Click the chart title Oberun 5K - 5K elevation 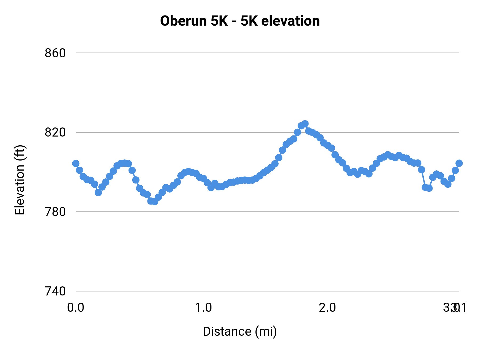[240, 21]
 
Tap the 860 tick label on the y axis [55, 53]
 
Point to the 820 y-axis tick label [55, 133]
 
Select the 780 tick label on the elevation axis [55, 212]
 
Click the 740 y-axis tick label [55, 291]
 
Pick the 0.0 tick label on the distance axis [76, 308]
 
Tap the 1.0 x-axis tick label [203, 308]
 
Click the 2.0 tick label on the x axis [327, 308]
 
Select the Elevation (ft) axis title [20, 180]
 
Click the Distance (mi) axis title [240, 331]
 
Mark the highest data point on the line [305, 124]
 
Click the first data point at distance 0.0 [76, 163]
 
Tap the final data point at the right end [459, 163]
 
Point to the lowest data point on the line [155, 202]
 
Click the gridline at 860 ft [267, 53]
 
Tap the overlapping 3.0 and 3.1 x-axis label [455, 308]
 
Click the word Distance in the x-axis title [227, 331]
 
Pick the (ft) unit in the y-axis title [20, 153]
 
